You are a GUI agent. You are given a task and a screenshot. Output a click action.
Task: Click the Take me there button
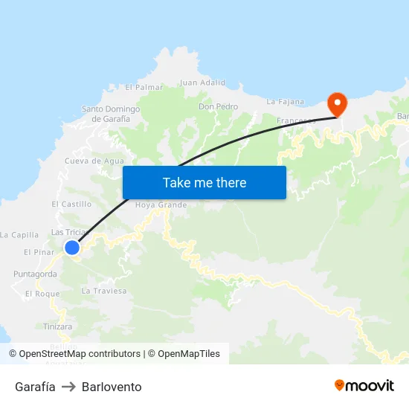204,182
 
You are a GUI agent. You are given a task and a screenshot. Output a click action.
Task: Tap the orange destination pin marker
338,103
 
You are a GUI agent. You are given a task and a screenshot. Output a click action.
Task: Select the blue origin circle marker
72,248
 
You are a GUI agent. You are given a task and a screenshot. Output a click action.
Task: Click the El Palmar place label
144,87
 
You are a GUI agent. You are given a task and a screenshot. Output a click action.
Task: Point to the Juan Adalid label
202,83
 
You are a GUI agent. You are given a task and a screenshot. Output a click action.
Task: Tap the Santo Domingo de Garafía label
111,114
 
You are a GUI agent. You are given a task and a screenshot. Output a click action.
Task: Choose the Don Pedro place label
218,106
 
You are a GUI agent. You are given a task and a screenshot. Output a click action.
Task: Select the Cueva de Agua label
94,161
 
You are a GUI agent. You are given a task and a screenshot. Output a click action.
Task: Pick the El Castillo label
71,204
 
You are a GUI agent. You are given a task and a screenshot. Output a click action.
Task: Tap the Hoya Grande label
161,204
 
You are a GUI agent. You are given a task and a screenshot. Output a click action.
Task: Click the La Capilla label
19,235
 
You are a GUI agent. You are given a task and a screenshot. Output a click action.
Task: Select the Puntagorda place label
34,274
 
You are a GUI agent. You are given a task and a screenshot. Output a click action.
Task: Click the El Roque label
42,294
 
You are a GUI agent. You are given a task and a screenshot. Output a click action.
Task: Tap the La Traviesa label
104,291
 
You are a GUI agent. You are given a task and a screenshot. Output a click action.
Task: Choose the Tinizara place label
57,326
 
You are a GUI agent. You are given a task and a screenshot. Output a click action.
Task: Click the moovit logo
364,385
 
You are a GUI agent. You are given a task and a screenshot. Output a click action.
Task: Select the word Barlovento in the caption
112,387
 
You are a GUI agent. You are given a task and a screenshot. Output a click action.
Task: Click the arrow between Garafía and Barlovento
68,387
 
